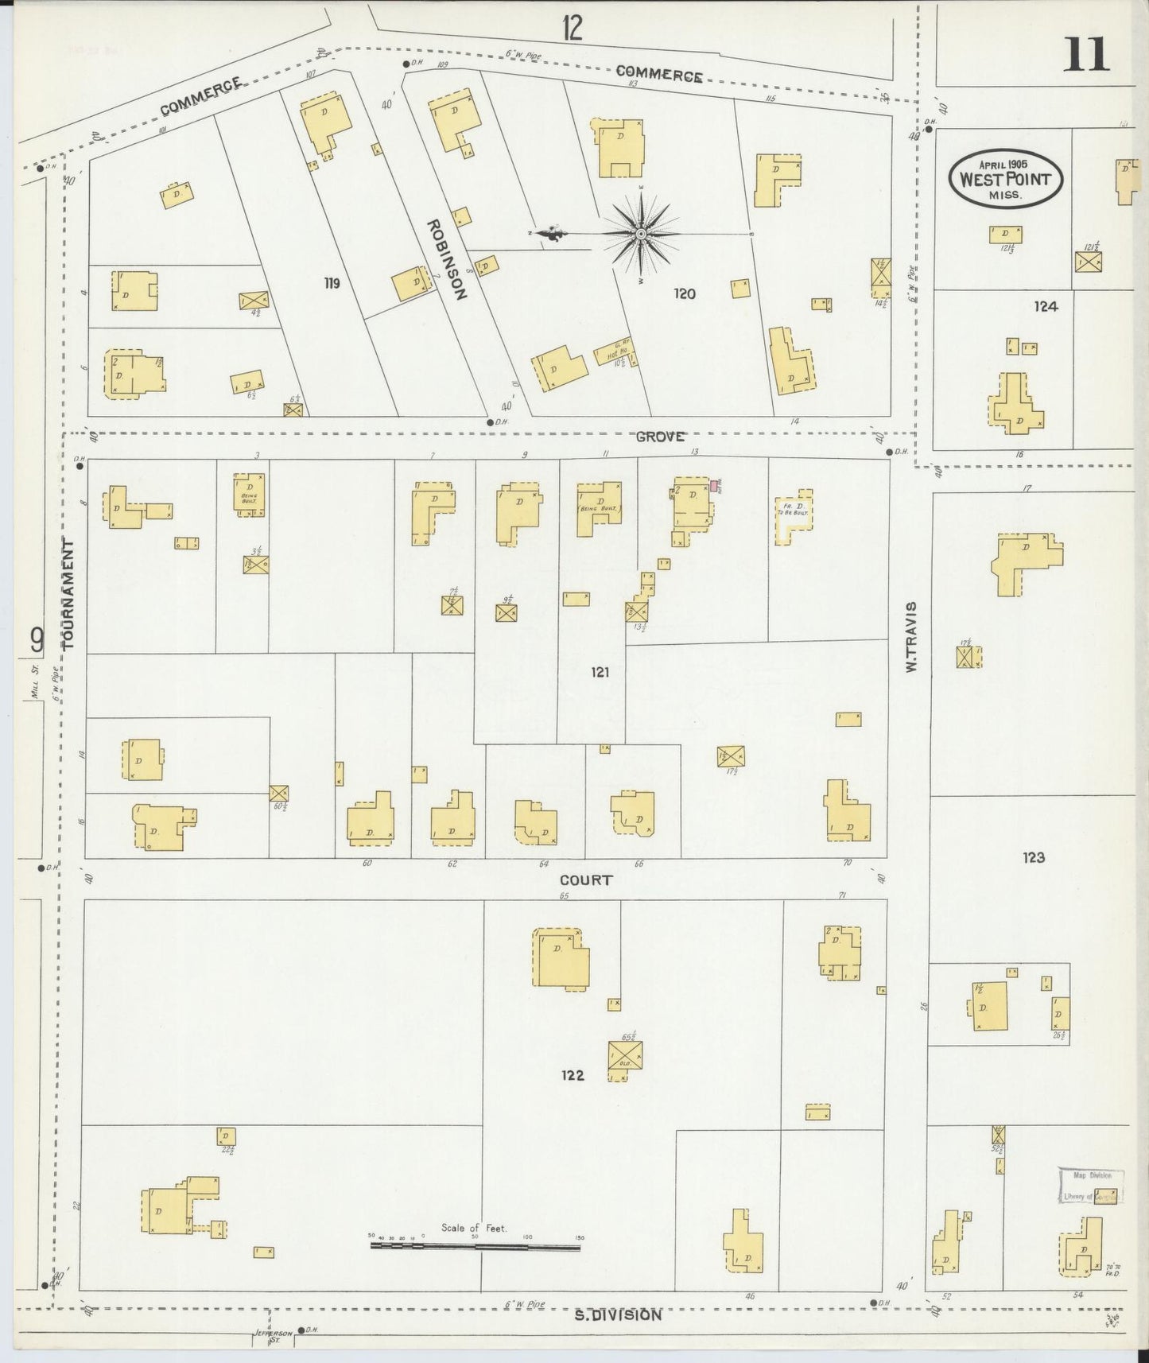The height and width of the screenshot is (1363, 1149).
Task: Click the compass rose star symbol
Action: click(x=641, y=234)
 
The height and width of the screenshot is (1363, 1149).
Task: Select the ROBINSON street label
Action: click(x=448, y=258)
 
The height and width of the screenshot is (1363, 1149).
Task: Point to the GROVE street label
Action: click(x=660, y=437)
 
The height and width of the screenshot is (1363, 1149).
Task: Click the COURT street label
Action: click(x=586, y=880)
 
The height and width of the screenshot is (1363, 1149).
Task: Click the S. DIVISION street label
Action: click(x=618, y=1315)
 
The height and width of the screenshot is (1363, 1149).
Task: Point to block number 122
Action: click(x=572, y=1075)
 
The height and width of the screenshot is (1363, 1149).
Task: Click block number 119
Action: click(x=332, y=282)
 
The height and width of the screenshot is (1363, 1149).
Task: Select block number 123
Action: click(x=1034, y=857)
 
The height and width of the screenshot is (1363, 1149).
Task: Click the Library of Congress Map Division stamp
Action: click(x=1089, y=1186)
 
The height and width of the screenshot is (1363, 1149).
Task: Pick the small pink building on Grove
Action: click(x=715, y=485)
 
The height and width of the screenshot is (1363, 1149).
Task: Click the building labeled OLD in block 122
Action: click(x=625, y=1055)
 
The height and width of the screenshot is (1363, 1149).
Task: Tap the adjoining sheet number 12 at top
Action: click(x=572, y=28)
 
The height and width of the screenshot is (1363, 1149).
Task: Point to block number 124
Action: click(x=1046, y=306)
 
